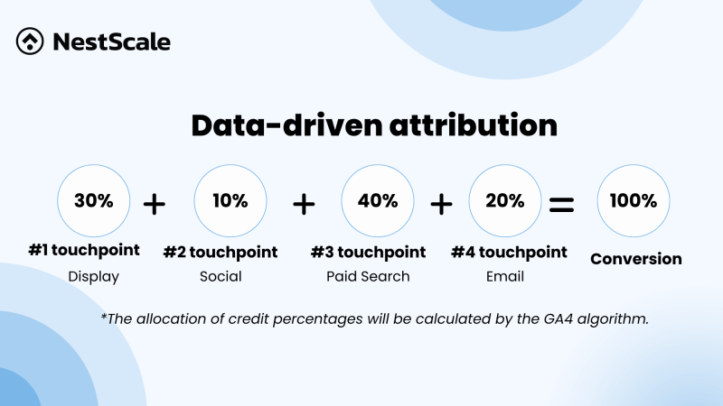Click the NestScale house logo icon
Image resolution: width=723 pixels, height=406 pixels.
(31, 41)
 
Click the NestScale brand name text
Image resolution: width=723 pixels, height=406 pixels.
(111, 42)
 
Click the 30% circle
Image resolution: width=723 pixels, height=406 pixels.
(94, 201)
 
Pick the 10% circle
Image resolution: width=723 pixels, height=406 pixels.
(230, 201)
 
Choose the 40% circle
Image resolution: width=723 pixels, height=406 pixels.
(377, 201)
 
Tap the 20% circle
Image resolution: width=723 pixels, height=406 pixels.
(505, 201)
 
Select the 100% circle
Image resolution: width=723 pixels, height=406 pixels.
(634, 201)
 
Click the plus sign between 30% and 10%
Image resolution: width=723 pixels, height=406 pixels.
(155, 204)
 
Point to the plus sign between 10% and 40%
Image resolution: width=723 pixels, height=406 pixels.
(304, 204)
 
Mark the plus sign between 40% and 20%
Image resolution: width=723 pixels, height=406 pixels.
(441, 204)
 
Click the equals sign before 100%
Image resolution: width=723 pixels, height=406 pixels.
(562, 204)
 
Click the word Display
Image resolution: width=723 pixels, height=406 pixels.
(94, 276)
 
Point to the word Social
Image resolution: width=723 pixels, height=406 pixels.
(221, 276)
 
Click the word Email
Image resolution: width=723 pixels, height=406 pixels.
(507, 276)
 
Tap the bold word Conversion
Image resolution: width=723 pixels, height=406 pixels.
(636, 259)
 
